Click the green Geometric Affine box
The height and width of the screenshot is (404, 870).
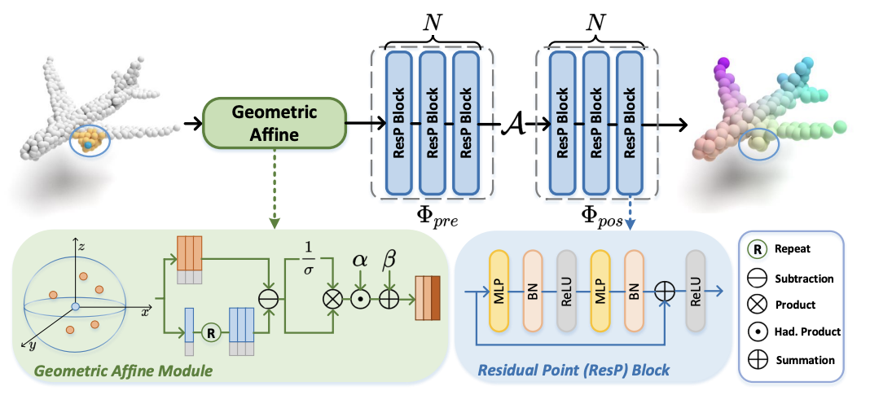[x=274, y=123]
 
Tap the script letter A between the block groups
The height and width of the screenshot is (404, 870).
[x=510, y=124]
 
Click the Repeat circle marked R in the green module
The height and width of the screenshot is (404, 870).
[x=210, y=333]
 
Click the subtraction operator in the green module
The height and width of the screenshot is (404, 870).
[x=268, y=300]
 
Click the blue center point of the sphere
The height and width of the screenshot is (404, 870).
[x=76, y=306]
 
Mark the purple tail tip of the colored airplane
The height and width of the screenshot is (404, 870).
[x=722, y=63]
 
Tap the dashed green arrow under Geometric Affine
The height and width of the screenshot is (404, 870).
[x=274, y=188]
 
